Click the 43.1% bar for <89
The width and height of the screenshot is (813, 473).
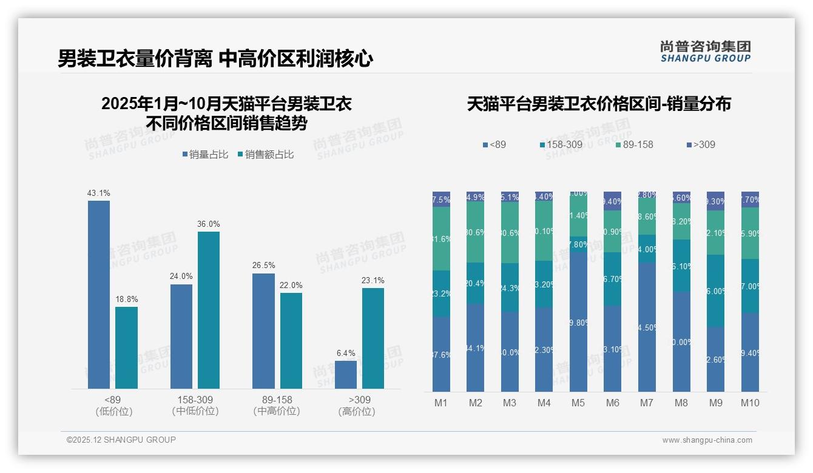99,294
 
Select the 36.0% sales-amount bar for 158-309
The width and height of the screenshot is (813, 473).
209,310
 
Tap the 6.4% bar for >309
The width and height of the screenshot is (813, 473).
346,374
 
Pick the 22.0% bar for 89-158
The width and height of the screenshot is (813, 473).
291,340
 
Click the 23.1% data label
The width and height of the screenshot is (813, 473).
374,281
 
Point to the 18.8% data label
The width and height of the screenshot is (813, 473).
126,300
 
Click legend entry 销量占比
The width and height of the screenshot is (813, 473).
205,155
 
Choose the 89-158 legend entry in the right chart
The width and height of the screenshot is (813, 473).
634,145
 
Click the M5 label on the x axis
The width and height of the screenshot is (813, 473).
578,403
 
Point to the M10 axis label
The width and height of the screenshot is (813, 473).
750,403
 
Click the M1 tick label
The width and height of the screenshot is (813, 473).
441,403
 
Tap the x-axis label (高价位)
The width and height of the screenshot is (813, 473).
357,411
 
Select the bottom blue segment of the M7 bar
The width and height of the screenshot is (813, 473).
647,327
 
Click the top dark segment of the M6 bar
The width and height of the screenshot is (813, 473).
613,201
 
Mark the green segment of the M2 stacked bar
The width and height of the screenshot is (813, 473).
476,232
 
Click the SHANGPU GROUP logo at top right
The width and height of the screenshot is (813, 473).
706,52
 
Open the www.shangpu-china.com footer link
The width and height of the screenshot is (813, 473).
707,440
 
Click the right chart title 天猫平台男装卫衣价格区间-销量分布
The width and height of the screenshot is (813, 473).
599,104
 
